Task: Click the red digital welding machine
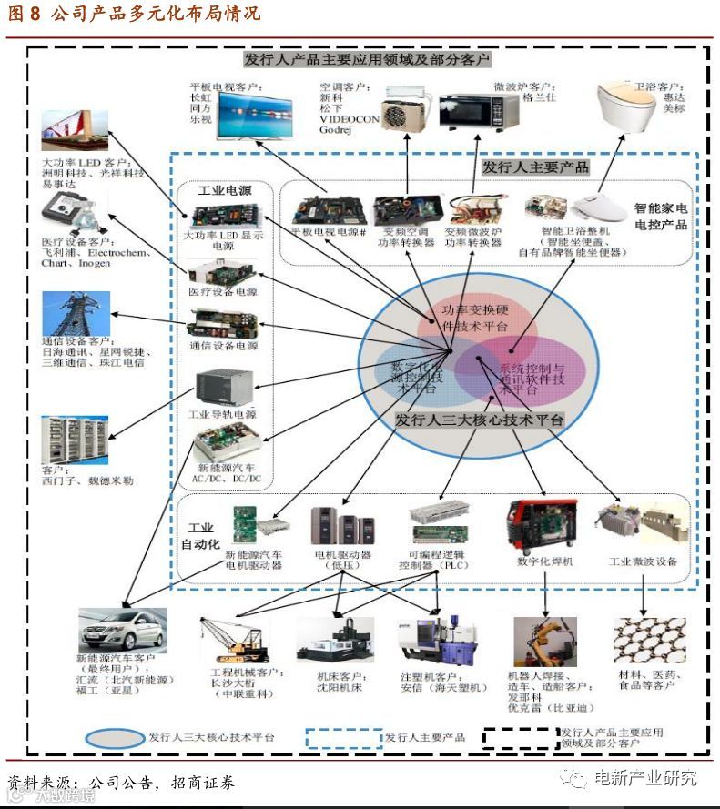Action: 541,524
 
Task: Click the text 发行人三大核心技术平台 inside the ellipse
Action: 479,420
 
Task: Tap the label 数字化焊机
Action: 544,561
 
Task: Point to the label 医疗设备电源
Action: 222,292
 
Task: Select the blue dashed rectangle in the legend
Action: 343,737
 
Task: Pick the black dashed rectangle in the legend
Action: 520,737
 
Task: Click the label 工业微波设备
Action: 643,561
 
